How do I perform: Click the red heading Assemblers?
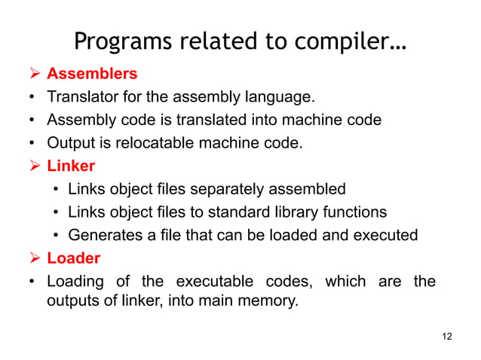(x=92, y=74)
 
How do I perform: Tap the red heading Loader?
(x=73, y=258)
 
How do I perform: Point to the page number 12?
(x=447, y=335)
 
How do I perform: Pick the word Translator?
(x=80, y=96)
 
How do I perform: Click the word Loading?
(x=76, y=282)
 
